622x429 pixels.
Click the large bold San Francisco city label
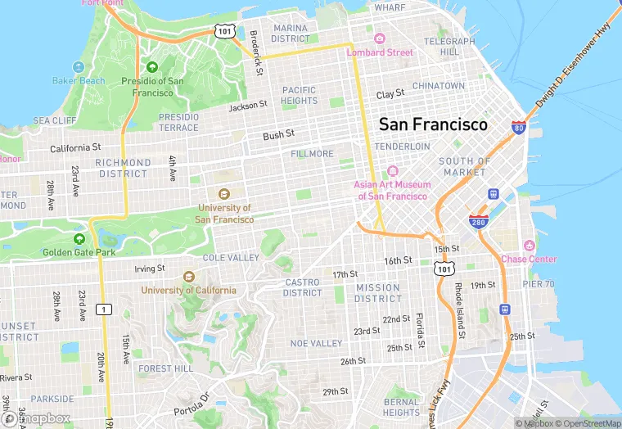[x=432, y=125]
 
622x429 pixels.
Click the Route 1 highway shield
[x=104, y=309]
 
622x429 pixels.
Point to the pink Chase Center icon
[x=529, y=246]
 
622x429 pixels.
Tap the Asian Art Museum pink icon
[x=392, y=171]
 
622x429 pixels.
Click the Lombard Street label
[x=380, y=52]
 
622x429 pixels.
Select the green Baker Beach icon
[x=79, y=67]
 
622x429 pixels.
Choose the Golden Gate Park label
[x=80, y=252]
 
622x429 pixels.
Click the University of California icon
[x=189, y=277]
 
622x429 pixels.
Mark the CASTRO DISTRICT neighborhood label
[x=302, y=287]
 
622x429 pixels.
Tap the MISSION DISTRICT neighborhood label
[x=377, y=293]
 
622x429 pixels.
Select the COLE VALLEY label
[x=231, y=257]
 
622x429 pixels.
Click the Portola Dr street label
[x=192, y=404]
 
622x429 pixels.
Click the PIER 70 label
[x=539, y=283]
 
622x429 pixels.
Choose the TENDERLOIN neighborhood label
[x=402, y=146]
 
